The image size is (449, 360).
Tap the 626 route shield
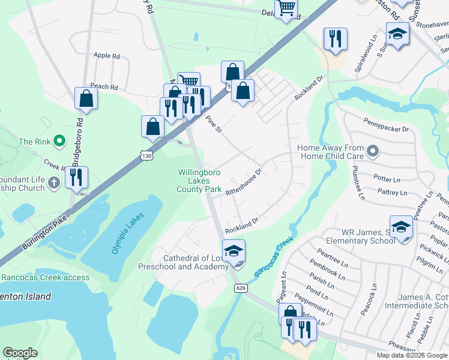(x=241, y=289)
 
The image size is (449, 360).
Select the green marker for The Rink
(x=59, y=142)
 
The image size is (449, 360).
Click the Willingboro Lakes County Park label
(x=199, y=181)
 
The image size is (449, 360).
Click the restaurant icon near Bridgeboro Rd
(x=76, y=177)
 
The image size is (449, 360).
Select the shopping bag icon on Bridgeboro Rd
(x=86, y=98)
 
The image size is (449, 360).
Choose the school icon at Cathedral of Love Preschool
(x=234, y=251)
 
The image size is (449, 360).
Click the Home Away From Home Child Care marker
(x=373, y=151)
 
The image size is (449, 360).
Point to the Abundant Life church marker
(x=53, y=182)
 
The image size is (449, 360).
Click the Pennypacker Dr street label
(x=385, y=128)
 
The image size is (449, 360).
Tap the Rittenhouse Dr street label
(x=244, y=182)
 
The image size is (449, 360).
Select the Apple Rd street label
(x=107, y=56)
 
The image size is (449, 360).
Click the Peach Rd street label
(x=104, y=87)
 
